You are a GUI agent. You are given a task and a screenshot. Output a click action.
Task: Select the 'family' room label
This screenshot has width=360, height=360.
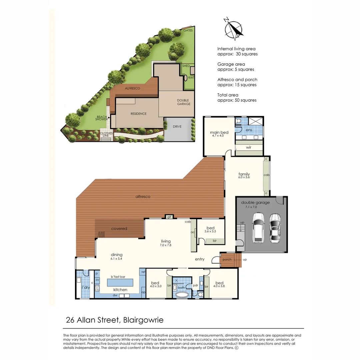244,174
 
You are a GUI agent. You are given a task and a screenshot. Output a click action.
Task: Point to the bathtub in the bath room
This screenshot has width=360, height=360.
182,294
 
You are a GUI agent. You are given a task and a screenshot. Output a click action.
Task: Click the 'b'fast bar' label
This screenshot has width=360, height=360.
118,277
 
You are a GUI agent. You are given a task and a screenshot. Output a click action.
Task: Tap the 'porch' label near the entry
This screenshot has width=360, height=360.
227,260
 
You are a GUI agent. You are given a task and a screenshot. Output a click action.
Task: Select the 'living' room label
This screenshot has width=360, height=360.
166,241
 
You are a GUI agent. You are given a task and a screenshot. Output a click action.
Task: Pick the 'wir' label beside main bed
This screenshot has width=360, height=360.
249,147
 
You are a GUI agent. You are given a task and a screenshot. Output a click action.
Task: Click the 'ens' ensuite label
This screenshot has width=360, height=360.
249,130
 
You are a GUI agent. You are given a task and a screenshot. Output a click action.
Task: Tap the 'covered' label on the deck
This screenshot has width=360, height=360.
119,229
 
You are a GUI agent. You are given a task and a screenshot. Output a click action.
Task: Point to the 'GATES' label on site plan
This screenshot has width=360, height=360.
188,30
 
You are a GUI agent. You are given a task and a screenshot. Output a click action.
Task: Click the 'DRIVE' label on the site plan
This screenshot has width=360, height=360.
177,127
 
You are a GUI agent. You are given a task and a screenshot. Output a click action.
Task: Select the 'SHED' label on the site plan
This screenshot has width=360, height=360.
186,66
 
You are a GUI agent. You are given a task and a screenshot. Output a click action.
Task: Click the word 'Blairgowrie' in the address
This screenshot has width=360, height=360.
143,320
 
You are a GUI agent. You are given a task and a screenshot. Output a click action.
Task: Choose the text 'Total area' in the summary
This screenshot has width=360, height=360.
228,95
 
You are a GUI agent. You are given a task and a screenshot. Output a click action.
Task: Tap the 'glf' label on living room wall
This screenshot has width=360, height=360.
169,217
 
